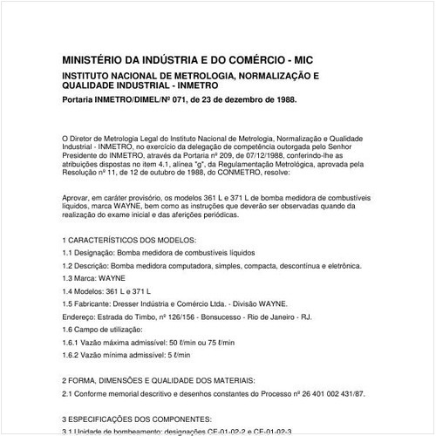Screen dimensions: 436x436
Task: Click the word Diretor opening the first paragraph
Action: click(91, 138)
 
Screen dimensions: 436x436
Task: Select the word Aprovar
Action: click(79, 198)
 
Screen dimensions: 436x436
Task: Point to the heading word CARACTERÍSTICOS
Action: click(114, 239)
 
